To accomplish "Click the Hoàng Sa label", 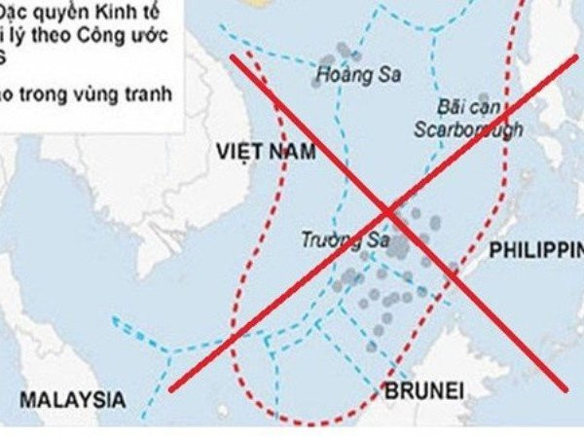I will point(348,73).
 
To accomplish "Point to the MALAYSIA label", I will point(74,399).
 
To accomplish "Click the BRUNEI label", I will point(421,391).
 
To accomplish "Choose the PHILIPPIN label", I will point(535,250).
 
